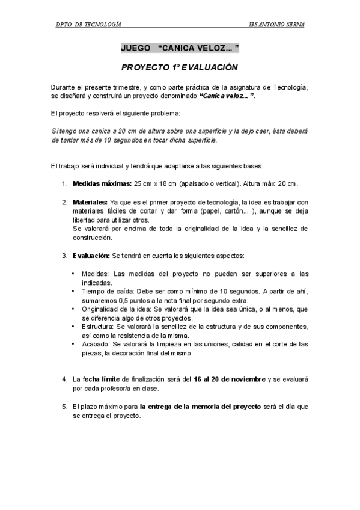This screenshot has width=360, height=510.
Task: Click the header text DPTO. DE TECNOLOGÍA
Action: click(x=88, y=25)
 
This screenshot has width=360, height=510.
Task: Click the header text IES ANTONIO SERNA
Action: click(x=276, y=25)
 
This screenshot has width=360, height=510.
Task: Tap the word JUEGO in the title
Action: click(x=135, y=47)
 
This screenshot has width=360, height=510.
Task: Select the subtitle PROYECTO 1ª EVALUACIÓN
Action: click(x=180, y=68)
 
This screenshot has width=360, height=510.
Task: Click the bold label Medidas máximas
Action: click(x=102, y=183)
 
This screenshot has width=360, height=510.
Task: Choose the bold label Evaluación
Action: click(x=91, y=256)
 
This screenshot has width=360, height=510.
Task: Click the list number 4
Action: click(x=64, y=379)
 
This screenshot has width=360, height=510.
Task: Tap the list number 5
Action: click(x=64, y=407)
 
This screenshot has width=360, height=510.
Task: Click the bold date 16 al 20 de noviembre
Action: click(x=230, y=379)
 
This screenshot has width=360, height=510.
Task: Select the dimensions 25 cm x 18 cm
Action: click(x=159, y=183)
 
